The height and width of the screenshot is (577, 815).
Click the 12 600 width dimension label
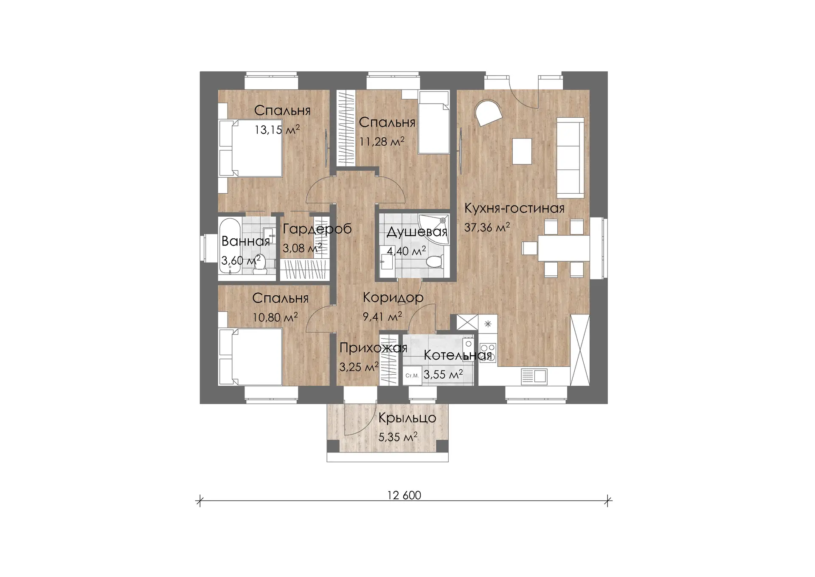(404, 495)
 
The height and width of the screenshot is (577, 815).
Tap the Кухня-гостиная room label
(514, 208)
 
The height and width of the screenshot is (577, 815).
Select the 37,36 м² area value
(487, 227)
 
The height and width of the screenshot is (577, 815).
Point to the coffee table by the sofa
(522, 151)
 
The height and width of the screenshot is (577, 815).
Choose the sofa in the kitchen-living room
(570, 158)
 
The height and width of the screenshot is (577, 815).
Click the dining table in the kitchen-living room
(564, 248)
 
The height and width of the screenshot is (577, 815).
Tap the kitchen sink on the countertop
(534, 376)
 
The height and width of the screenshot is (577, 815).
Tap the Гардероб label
(317, 229)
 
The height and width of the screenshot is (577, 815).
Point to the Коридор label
(393, 297)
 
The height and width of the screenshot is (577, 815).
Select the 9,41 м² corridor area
(382, 316)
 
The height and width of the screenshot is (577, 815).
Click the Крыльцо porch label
(407, 418)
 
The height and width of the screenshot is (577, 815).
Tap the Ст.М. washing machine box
(412, 376)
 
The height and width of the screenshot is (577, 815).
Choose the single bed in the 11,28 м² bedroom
(434, 123)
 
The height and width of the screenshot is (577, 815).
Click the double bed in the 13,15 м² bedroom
(250, 148)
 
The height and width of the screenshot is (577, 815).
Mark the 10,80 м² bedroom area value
(275, 317)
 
